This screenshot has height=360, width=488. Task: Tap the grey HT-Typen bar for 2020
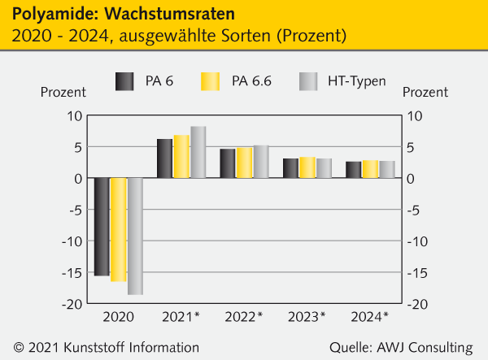coord(135,236)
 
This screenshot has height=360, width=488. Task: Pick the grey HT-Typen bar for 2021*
coord(198,152)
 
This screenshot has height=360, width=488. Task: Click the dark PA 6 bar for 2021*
coord(165,158)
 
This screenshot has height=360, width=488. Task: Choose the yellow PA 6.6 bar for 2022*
coord(244,163)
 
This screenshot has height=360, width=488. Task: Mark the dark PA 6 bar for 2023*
coord(290,168)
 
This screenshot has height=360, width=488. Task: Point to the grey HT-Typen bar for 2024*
coord(387,169)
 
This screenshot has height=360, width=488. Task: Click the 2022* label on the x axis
coord(245,316)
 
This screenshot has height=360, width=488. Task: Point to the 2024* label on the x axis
coord(370,316)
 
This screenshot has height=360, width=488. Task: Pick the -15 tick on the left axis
coord(70,272)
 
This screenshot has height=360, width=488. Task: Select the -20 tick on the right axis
coord(418,304)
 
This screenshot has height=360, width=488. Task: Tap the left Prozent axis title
coord(63,93)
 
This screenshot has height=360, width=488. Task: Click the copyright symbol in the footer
coord(20,348)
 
